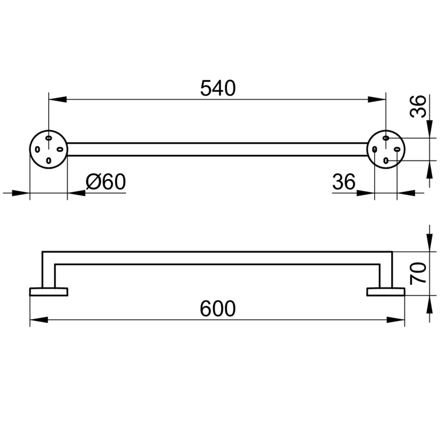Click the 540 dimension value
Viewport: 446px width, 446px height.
pos(218,88)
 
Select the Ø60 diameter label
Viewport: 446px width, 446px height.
pos(106,182)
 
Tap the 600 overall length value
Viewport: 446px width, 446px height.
pos(218,308)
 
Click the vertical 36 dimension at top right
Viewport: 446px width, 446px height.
pos(418,106)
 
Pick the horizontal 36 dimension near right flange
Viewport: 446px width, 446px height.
pos(344,182)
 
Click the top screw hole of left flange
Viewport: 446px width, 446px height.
pos(49,138)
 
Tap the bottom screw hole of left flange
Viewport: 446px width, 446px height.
pos(49,161)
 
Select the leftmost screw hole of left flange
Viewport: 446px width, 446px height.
pos(37,149)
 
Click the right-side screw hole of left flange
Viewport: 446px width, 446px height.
pos(60,149)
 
